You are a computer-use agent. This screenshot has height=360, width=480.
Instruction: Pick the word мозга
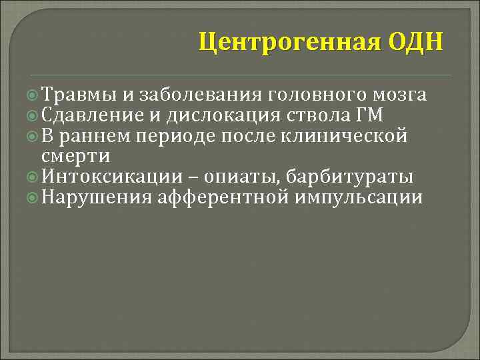click(401, 95)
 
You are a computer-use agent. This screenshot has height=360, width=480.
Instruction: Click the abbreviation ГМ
click(371, 115)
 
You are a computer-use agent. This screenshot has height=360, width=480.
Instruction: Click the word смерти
click(75, 157)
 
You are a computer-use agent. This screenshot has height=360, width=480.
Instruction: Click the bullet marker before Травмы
click(35, 95)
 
